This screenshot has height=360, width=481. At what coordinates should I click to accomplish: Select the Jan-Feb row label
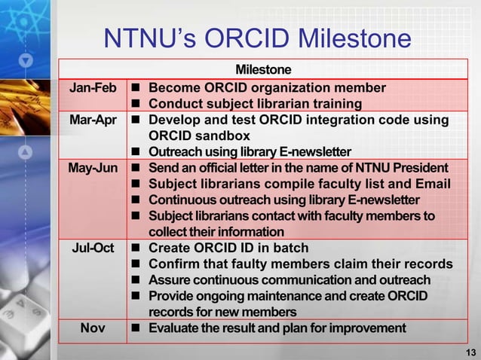coord(93,87)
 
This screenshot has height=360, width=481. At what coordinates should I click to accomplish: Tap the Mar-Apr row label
coord(93,120)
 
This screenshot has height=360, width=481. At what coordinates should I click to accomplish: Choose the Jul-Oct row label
coord(93,248)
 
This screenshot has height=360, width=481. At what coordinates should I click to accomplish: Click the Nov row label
coord(93,328)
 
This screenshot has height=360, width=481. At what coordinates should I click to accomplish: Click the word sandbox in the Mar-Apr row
coord(222,136)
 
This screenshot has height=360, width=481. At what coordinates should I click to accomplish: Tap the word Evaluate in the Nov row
coord(175,328)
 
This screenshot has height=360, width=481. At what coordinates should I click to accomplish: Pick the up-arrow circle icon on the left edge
coord(26,153)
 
